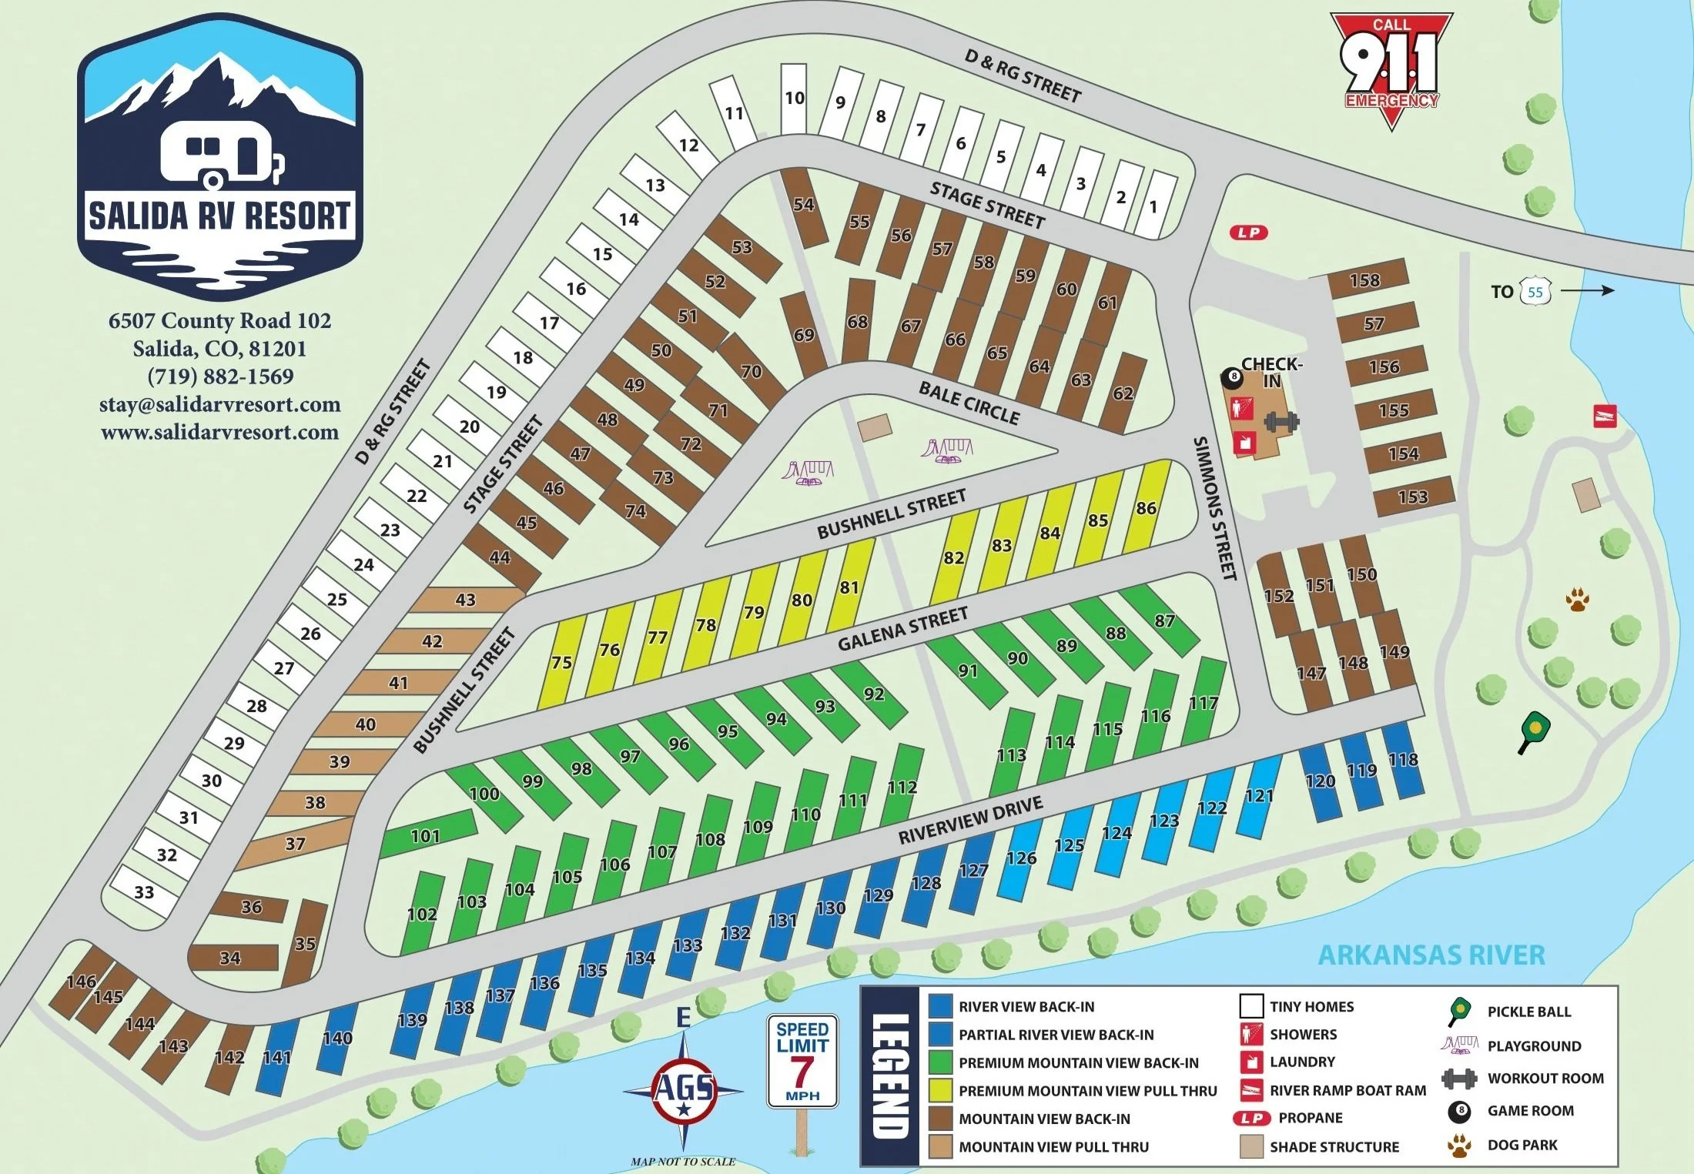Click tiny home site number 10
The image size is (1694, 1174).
coord(794,99)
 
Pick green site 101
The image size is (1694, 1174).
coord(426,835)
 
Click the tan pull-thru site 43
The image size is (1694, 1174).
coord(465,600)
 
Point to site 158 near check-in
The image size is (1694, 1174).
coord(1365,280)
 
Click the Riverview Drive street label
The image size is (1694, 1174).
coord(970,820)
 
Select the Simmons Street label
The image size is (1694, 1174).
coord(1214,508)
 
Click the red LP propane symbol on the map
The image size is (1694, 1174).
coord(1248,232)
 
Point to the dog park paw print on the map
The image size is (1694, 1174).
coord(1577,599)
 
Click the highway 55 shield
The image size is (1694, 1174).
coord(1535,292)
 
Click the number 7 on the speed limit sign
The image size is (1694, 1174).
coord(802,1072)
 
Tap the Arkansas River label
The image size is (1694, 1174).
coord(1431,955)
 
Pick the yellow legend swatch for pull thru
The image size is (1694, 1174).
coord(940,1091)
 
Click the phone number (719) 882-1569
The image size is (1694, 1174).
coord(220,376)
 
